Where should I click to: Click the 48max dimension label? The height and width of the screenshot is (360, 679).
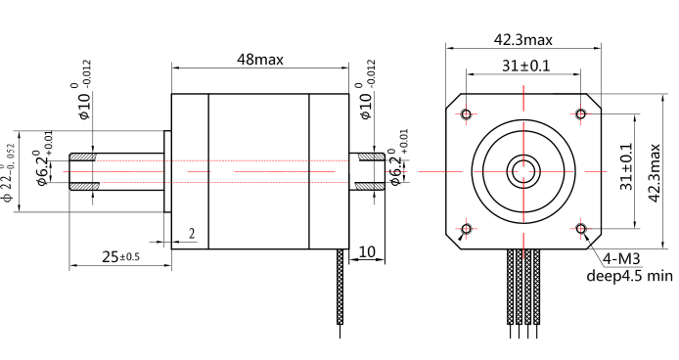click(259, 59)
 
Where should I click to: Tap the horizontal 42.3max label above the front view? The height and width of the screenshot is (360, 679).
click(522, 40)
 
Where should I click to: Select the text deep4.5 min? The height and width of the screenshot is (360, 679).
click(630, 275)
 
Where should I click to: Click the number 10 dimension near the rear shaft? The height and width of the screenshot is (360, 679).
click(367, 251)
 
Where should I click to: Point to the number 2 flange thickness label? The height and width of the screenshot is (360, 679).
click(192, 234)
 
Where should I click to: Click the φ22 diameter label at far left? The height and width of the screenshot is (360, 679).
click(10, 170)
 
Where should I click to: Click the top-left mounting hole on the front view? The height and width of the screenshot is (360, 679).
click(466, 114)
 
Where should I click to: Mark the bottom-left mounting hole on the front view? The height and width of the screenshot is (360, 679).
click(466, 230)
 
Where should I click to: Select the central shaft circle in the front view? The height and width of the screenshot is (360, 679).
click(523, 172)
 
